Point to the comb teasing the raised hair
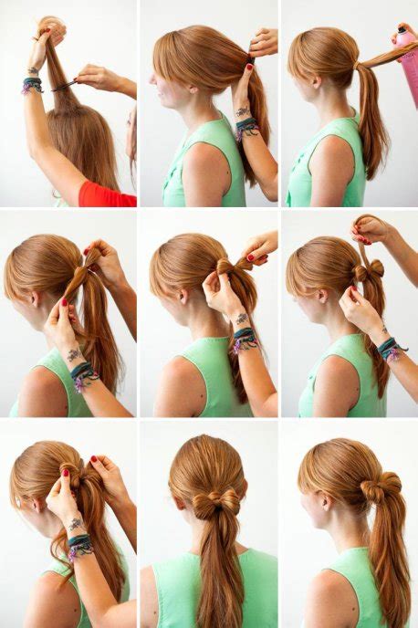click(65, 86)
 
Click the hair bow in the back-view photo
click(209, 501)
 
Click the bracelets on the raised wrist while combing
click(33, 85)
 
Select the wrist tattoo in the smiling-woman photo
click(243, 112)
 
